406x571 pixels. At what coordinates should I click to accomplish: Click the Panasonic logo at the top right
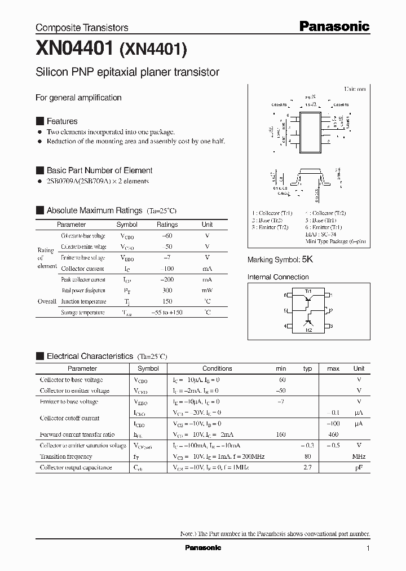pyautogui.click(x=333, y=26)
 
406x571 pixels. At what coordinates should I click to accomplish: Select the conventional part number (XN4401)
pyautogui.click(x=152, y=51)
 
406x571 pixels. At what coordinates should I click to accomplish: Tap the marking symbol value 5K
pyautogui.click(x=307, y=260)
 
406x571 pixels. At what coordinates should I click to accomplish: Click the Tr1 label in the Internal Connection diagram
pyautogui.click(x=308, y=290)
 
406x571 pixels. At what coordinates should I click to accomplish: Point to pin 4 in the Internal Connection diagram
pyautogui.click(x=286, y=326)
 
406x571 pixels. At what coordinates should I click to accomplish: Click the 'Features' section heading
pyautogui.click(x=62, y=121)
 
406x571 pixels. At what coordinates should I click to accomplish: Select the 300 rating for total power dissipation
pyautogui.click(x=167, y=291)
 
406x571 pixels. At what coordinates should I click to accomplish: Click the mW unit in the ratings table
pyautogui.click(x=207, y=291)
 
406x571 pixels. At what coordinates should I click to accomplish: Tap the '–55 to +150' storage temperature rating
pyautogui.click(x=167, y=313)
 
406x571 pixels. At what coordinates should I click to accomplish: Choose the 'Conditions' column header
pyautogui.click(x=217, y=368)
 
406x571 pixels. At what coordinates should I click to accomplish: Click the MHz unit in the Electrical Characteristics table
pyautogui.click(x=359, y=456)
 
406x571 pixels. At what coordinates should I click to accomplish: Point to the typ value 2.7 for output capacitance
pyautogui.click(x=308, y=468)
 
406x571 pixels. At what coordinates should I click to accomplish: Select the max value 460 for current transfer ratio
pyautogui.click(x=333, y=434)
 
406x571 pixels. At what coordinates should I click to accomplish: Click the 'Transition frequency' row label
pyautogui.click(x=66, y=456)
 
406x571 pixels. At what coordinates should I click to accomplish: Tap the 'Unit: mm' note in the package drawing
pyautogui.click(x=355, y=89)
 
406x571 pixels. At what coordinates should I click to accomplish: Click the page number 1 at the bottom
pyautogui.click(x=368, y=548)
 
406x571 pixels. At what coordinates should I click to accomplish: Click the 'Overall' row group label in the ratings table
pyautogui.click(x=47, y=301)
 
